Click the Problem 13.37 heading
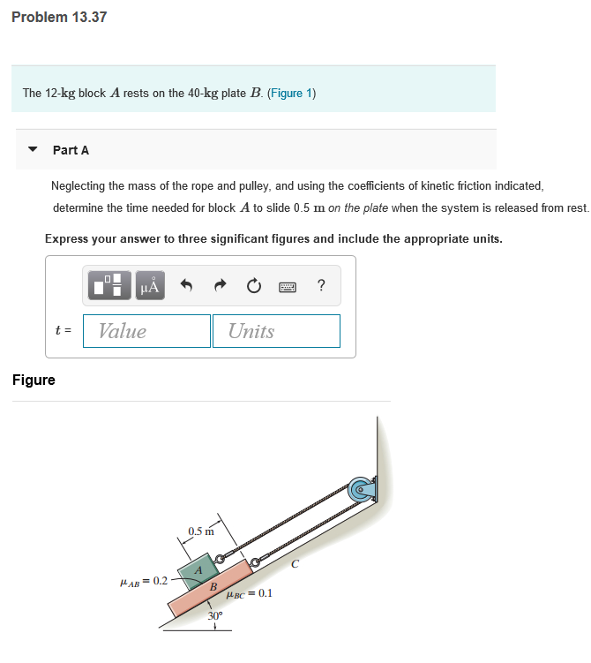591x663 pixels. tap(59, 17)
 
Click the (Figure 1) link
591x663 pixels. tap(291, 93)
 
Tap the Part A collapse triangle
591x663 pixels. tap(33, 150)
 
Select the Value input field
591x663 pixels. tap(146, 331)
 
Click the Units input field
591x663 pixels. tap(276, 331)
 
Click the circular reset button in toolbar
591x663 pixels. tap(254, 286)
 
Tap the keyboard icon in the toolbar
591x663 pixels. tap(288, 286)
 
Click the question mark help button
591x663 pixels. tap(321, 285)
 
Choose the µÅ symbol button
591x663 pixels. tap(150, 286)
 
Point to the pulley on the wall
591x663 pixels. tap(361, 488)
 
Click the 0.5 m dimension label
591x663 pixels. tap(200, 531)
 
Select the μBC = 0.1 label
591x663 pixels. tap(250, 593)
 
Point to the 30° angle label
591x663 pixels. tap(214, 616)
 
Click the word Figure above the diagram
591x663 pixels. tap(34, 380)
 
